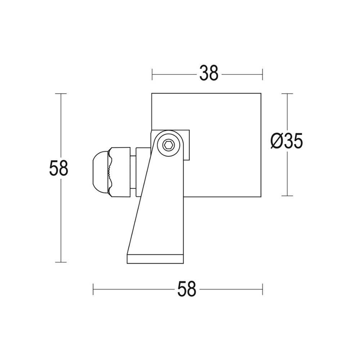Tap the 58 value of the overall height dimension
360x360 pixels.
point(59,168)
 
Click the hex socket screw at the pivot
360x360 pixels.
point(168,145)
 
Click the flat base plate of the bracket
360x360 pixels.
point(156,259)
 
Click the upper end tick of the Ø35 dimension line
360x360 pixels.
point(287,94)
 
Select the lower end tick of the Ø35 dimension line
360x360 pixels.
point(287,196)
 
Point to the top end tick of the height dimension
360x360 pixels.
point(61,94)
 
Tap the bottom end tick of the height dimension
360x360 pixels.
point(61,262)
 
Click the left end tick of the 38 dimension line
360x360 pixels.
point(152,75)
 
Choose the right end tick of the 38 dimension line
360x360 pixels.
point(262,75)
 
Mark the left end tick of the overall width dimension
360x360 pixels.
point(93,289)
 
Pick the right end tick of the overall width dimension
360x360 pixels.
point(262,289)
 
